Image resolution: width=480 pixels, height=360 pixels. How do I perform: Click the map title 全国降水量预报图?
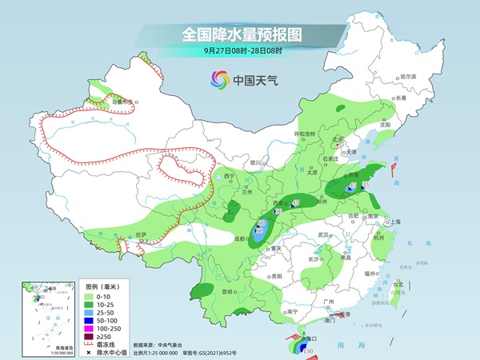coord(240,34)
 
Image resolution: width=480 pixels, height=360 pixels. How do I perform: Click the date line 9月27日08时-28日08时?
coord(240,50)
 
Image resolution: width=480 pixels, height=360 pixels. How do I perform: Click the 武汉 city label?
coord(324,234)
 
